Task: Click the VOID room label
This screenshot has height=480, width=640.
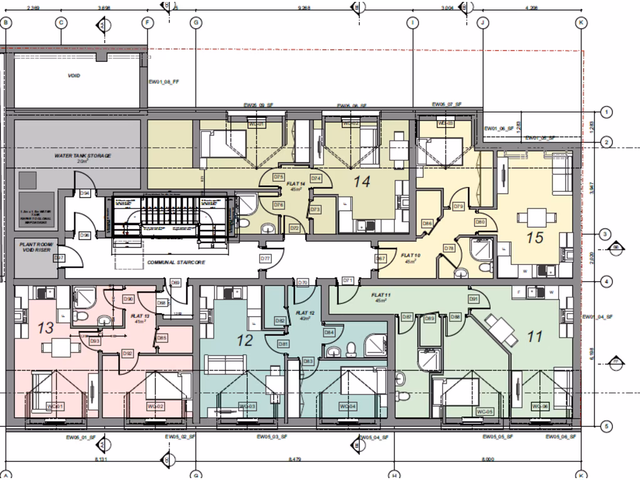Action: (74, 76)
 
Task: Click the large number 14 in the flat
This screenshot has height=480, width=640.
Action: (363, 182)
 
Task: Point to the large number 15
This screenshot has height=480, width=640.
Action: (535, 237)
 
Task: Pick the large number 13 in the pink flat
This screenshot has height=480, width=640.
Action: (46, 327)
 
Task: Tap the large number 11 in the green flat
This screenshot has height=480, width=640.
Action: (534, 337)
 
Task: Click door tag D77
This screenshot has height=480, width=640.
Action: (265, 258)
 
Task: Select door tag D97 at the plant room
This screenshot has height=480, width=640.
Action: (59, 258)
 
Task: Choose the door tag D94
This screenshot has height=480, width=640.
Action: (85, 194)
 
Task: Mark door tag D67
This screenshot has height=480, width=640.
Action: (380, 258)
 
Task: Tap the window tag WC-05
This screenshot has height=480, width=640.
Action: (485, 412)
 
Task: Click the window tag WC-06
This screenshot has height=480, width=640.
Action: (539, 407)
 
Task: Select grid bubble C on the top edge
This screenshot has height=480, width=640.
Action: (61, 23)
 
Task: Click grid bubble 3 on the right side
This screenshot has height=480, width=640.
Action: (605, 234)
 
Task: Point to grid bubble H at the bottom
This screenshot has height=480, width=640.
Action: (394, 475)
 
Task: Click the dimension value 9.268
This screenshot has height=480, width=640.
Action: (304, 8)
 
